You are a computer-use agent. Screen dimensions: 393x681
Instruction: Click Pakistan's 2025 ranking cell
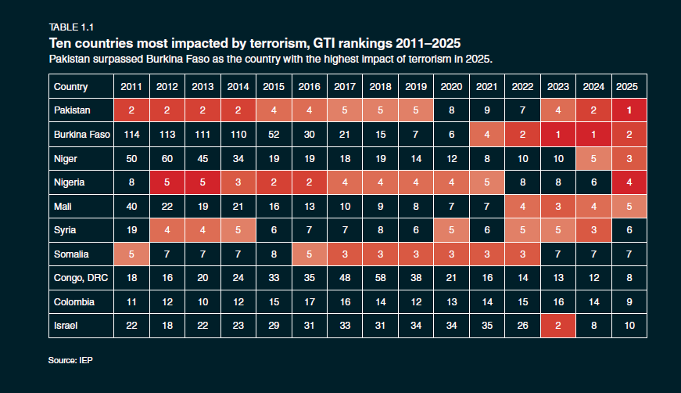tap(629, 110)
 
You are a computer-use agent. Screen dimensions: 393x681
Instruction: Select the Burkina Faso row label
tap(81, 135)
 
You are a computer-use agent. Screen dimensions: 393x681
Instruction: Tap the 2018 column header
tap(380, 87)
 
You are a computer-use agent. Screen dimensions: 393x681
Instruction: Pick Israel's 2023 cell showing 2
tap(557, 326)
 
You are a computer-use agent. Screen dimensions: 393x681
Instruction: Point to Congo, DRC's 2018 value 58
tap(380, 278)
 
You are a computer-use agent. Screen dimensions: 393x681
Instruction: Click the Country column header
tap(70, 87)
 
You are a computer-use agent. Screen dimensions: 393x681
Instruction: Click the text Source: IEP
tap(70, 361)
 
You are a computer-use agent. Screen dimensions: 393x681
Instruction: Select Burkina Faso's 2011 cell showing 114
tap(131, 135)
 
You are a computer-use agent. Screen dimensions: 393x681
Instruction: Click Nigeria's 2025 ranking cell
tap(629, 182)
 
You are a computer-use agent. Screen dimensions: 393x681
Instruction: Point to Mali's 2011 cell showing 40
tap(131, 206)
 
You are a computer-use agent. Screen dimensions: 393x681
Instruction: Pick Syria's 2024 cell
tap(593, 230)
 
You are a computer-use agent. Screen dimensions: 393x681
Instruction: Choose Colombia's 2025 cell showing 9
tap(629, 302)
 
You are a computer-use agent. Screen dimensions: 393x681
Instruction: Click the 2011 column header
tap(131, 87)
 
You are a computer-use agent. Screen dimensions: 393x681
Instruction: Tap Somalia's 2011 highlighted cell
tap(131, 254)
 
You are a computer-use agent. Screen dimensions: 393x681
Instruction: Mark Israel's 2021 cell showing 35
tap(486, 326)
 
